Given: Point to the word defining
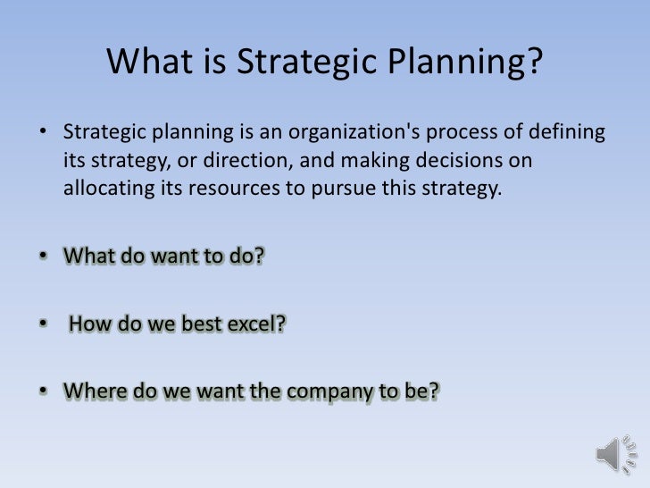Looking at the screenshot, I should [561, 135].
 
